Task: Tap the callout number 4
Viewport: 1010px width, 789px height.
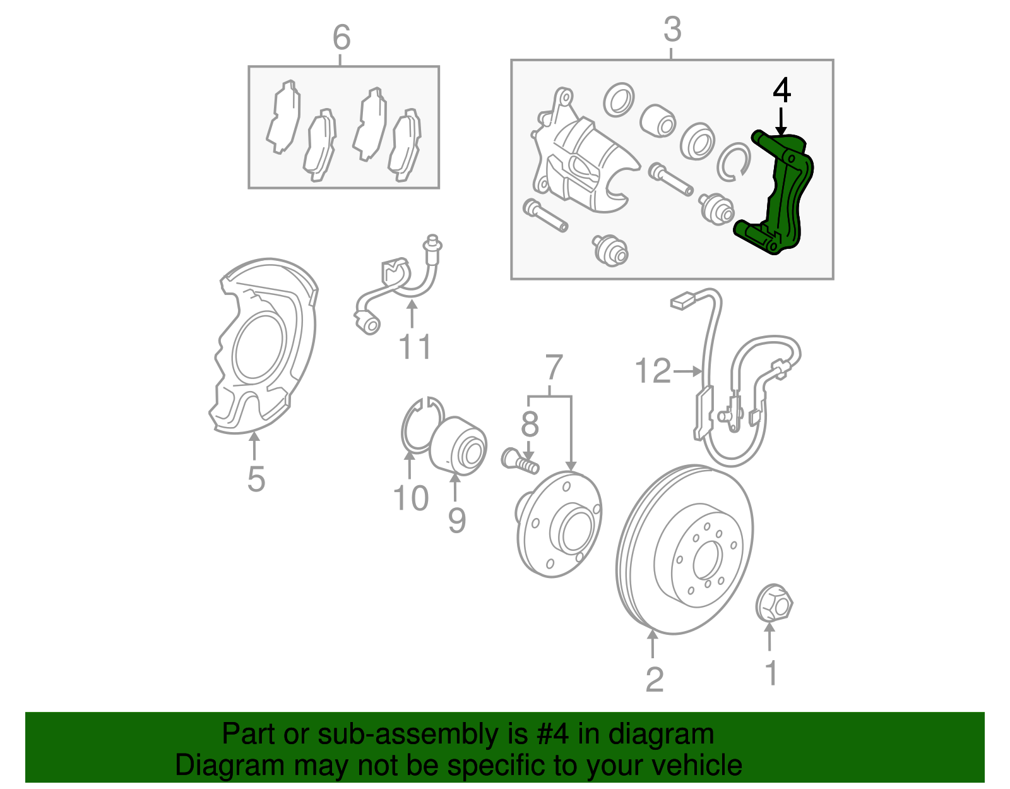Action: pyautogui.click(x=781, y=90)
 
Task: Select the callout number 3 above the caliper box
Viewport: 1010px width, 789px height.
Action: pyautogui.click(x=672, y=30)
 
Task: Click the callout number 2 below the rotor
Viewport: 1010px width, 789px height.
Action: pyautogui.click(x=654, y=679)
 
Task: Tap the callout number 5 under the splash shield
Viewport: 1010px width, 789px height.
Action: pyautogui.click(x=256, y=478)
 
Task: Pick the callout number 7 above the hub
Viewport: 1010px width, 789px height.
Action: pyautogui.click(x=552, y=367)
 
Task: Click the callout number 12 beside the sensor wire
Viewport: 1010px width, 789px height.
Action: pyautogui.click(x=653, y=371)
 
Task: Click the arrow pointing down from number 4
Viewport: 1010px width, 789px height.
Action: pyautogui.click(x=781, y=121)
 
